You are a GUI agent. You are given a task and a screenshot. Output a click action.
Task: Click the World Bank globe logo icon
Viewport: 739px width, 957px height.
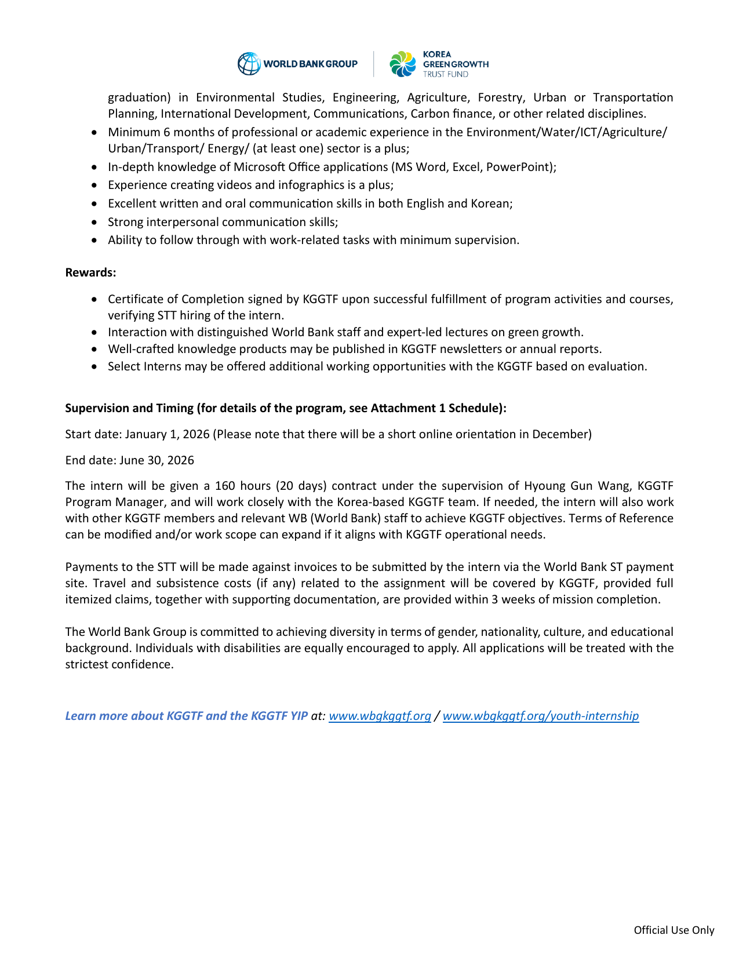249,64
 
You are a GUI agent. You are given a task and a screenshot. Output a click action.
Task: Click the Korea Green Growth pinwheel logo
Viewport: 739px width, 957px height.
403,64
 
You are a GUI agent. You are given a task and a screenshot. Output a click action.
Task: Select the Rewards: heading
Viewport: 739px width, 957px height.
90,272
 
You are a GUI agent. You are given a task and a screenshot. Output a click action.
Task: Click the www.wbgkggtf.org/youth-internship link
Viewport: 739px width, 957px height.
540,716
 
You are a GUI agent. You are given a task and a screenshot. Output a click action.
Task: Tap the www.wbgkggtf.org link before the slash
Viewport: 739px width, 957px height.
380,716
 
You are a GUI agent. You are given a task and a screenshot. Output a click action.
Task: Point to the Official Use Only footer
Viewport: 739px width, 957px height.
674,930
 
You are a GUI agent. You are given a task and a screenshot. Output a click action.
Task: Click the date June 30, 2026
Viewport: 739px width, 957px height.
156,460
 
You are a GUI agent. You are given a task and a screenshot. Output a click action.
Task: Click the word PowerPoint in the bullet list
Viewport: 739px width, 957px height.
519,167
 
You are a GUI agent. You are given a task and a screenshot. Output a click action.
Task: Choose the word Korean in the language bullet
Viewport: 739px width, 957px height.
490,203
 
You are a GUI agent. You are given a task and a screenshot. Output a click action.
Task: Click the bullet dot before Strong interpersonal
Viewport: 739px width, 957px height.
95,223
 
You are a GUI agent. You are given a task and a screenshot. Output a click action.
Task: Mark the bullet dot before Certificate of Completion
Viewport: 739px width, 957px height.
95,300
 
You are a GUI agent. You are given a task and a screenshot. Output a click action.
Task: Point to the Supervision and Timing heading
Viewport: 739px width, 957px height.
286,408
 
